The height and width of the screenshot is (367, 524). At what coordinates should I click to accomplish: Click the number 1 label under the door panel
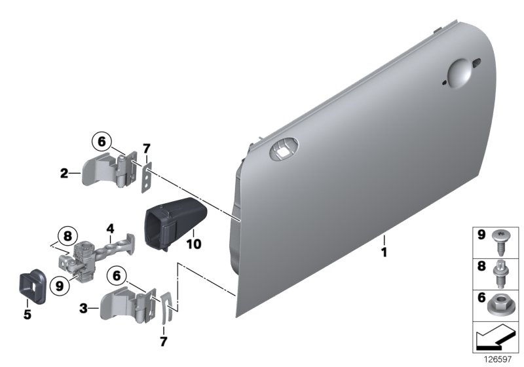click(x=385, y=252)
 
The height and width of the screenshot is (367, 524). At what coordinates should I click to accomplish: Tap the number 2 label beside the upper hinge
click(x=64, y=174)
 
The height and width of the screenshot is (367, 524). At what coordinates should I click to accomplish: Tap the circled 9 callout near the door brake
click(x=60, y=286)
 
